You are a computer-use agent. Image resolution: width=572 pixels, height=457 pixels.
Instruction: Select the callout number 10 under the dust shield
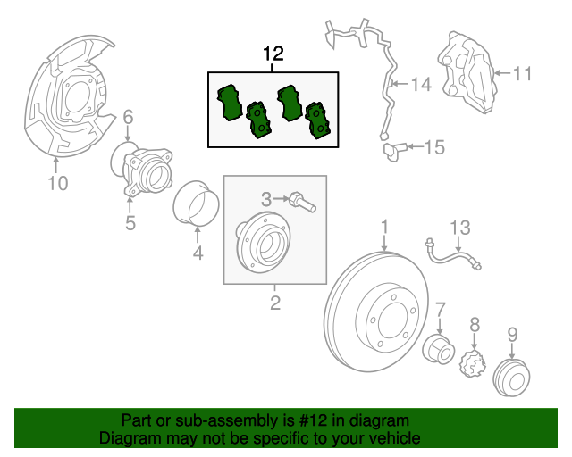coord(56,185)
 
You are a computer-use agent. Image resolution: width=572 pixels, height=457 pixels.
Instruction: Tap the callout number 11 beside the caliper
coord(522,73)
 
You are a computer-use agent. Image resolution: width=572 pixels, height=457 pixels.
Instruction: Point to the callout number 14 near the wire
coord(421,85)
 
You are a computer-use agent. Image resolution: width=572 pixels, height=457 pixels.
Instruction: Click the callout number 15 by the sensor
coord(433,147)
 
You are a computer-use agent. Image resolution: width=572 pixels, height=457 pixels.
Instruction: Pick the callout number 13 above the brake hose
coord(458,228)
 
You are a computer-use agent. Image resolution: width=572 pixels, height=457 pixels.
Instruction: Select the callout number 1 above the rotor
coord(385,228)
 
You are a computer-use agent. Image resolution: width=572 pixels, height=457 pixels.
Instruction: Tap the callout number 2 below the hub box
coord(275,304)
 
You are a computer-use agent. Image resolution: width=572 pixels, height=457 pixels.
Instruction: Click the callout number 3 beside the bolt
coord(265,198)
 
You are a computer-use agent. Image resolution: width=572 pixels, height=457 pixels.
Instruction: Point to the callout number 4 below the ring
coord(198,254)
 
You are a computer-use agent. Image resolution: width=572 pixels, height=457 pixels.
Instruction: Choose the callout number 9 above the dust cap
coord(512,335)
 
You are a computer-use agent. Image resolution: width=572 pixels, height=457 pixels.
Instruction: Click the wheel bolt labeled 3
coord(301,202)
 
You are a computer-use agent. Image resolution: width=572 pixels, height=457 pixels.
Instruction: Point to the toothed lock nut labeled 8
coord(471,363)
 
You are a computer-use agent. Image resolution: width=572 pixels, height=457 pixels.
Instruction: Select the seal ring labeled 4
coord(198,205)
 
